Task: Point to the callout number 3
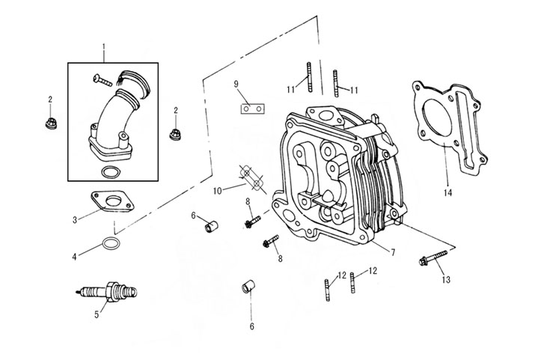(x=76, y=219)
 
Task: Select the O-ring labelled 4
(x=109, y=244)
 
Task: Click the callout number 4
(x=75, y=257)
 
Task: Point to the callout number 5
(x=97, y=314)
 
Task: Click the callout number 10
(x=217, y=191)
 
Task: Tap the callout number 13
(x=446, y=280)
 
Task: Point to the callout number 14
(x=447, y=192)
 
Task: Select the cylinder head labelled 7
(x=337, y=180)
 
